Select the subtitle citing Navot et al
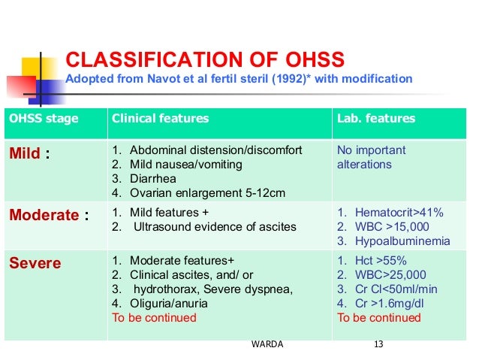239,79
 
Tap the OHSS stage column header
43,119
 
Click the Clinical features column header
160,119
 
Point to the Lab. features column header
375,119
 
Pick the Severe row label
35,264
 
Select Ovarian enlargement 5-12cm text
205,194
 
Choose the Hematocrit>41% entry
390,213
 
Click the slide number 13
378,345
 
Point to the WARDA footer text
269,345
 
